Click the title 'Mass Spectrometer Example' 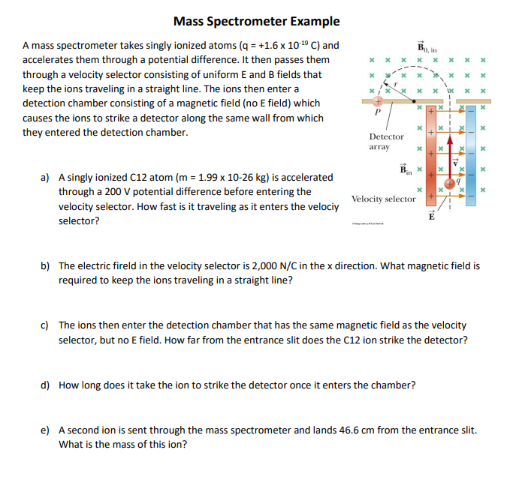[x=256, y=21]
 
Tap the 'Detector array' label [x=386, y=142]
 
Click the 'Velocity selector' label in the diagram [x=383, y=199]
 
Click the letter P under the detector [x=379, y=113]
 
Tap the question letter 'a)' [x=45, y=178]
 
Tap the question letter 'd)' [x=45, y=385]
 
